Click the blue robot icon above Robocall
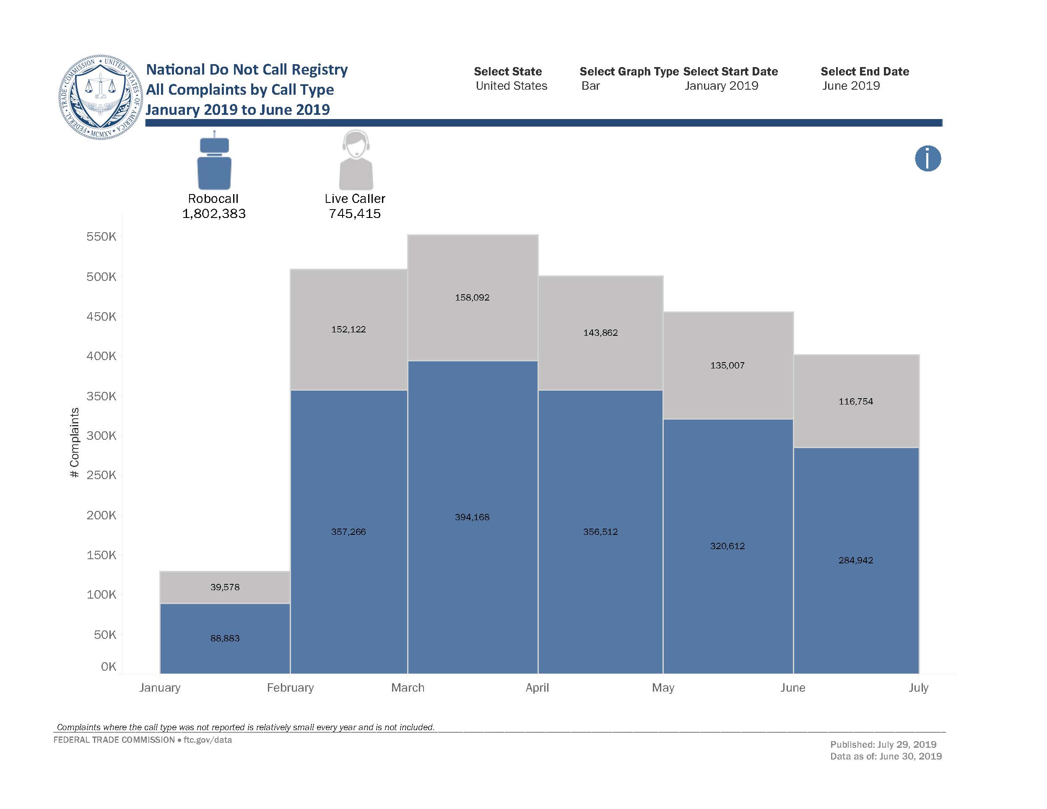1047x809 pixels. tap(214, 163)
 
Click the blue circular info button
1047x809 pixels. tap(927, 158)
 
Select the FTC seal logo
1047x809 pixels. tap(101, 97)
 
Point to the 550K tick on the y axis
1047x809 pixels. tap(101, 237)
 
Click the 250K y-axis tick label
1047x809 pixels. tap(101, 475)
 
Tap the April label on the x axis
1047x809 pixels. tap(537, 688)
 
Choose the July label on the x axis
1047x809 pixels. tap(918, 688)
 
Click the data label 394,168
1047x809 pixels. tap(472, 517)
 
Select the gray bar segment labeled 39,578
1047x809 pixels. tap(225, 588)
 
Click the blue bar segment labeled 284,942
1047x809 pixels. tap(856, 561)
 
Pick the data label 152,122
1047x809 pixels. tap(348, 329)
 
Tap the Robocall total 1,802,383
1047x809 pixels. tap(214, 214)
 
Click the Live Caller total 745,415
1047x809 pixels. tap(355, 214)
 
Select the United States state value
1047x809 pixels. tap(512, 86)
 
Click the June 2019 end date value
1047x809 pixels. tap(851, 86)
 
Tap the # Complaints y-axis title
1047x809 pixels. tap(74, 442)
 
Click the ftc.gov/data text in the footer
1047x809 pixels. tap(208, 740)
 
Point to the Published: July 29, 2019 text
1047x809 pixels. tap(883, 744)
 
